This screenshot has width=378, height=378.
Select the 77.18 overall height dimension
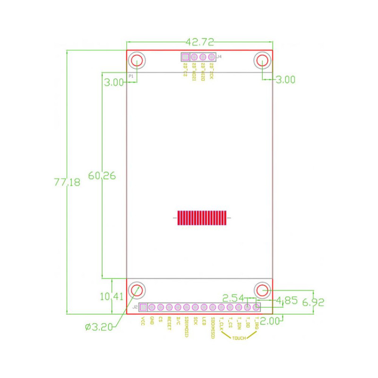(x=67, y=182)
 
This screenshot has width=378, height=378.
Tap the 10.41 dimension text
(x=112, y=296)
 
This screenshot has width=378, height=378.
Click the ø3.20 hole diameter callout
(x=99, y=327)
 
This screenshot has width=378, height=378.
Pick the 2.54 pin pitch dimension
(x=233, y=298)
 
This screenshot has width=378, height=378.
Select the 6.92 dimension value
(x=313, y=302)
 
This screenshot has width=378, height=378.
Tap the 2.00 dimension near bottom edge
(x=270, y=321)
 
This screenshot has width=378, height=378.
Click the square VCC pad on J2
(x=143, y=307)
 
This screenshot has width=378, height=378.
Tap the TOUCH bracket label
(x=239, y=338)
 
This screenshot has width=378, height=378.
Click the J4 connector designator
(x=219, y=57)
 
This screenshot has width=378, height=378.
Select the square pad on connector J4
(x=185, y=57)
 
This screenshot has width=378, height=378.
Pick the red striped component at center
(x=202, y=218)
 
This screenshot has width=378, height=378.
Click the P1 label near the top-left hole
(x=131, y=76)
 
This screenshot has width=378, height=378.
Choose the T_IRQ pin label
(x=257, y=323)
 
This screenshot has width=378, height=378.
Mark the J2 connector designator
(x=135, y=307)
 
